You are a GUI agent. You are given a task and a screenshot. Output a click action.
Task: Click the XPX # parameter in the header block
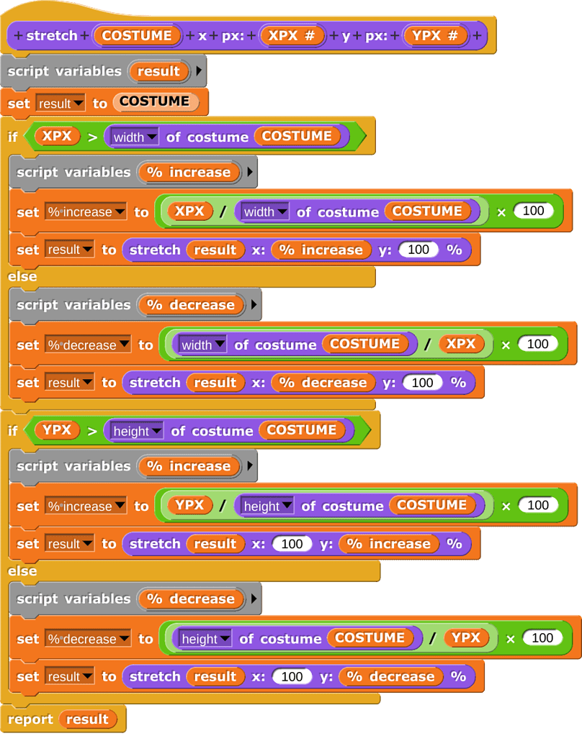coord(292,35)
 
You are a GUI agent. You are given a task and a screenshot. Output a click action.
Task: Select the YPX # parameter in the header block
coord(435,35)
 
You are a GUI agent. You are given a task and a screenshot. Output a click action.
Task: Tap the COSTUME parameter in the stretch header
coord(137,35)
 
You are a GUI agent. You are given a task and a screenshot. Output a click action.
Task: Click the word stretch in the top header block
coord(52,35)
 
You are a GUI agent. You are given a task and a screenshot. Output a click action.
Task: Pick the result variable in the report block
coord(87,719)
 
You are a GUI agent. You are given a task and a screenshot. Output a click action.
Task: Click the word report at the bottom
coord(30,719)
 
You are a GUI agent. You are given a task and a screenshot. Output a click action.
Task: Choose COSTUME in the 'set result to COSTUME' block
coord(154,101)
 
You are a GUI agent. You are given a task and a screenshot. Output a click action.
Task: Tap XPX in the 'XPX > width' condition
coord(56,135)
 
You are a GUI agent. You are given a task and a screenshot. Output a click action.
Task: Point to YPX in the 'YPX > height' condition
coord(56,430)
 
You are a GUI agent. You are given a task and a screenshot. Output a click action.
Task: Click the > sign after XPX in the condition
coord(91,136)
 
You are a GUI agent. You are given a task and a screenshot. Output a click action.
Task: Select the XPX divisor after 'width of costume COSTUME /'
coord(461,343)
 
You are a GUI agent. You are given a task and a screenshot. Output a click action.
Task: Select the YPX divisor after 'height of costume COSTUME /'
coord(466,637)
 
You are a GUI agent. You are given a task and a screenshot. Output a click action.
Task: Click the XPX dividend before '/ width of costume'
coord(189,211)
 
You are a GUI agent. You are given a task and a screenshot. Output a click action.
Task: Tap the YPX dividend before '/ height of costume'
coord(189,504)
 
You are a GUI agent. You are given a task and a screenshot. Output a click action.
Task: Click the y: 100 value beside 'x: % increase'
coord(418,250)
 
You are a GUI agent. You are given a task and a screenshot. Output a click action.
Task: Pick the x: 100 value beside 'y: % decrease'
coord(292,676)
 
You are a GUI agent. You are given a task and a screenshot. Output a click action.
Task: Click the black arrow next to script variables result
coord(199,71)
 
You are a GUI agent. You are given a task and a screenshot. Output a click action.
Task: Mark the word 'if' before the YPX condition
coord(12,430)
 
